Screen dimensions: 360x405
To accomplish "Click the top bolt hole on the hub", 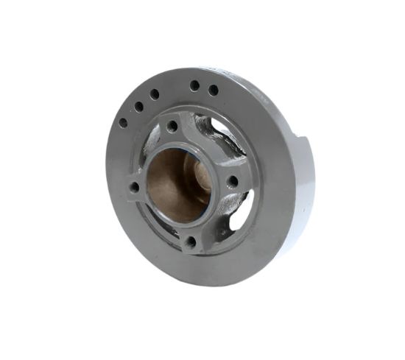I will pos(172,127).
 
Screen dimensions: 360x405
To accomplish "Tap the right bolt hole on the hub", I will pos(232,180).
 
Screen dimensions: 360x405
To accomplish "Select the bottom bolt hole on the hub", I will pos(190,241).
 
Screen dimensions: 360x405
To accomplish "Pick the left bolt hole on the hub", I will pos(134,188).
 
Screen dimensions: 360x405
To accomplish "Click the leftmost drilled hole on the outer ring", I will pos(123,123).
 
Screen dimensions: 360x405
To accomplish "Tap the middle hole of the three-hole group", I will pos(138,107).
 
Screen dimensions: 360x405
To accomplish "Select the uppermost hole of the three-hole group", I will pos(155,94).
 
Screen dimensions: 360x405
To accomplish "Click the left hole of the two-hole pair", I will pos(194,86).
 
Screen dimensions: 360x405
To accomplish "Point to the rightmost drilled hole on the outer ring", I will pos(214,91).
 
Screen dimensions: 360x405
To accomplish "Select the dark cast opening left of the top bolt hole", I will pos(151,140).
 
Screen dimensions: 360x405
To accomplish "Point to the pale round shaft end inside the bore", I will pos(200,177).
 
